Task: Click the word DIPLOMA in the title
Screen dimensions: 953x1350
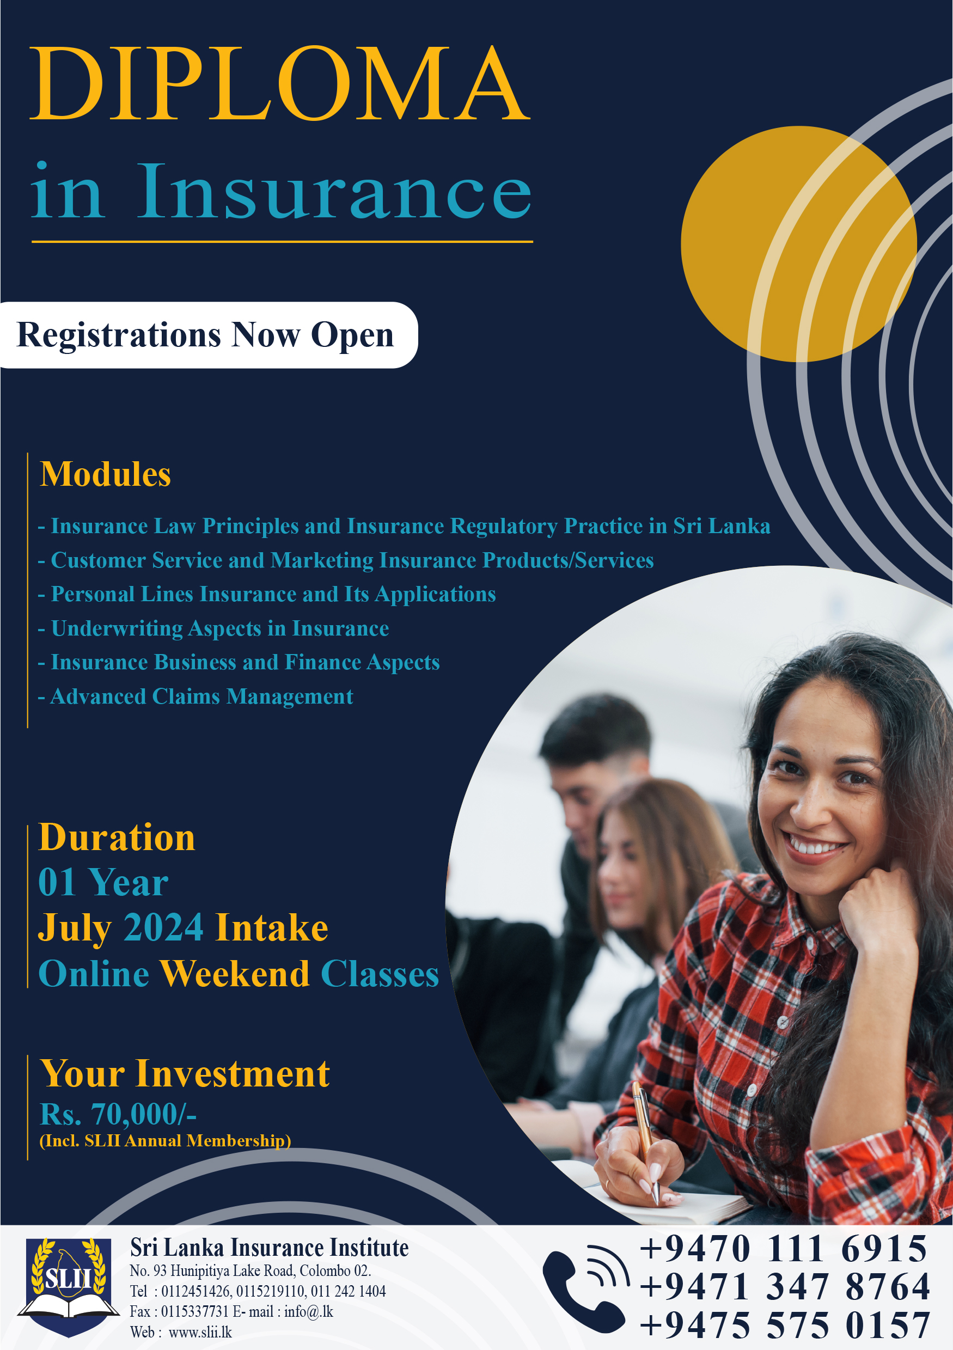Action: (280, 83)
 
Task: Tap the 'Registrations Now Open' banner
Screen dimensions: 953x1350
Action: (208, 335)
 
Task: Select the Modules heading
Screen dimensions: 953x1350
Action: (105, 474)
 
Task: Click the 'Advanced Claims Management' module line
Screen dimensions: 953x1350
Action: (195, 697)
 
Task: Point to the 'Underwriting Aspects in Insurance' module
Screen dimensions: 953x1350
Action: (213, 628)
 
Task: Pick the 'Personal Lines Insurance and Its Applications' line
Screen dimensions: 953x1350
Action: (267, 595)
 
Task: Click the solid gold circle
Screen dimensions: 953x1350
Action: (798, 243)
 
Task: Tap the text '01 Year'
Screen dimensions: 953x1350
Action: (103, 883)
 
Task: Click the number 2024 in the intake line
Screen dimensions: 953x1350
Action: (163, 928)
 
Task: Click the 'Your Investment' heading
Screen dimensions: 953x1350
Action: (185, 1074)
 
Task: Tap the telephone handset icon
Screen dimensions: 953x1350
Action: (585, 1288)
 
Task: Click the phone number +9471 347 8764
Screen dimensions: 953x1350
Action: (785, 1286)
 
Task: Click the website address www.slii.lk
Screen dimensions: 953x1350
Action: (200, 1333)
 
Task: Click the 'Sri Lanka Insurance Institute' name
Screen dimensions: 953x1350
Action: (269, 1248)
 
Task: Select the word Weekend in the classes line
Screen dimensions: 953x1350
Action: (235, 974)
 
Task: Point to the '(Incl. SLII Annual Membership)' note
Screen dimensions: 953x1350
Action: (165, 1141)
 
